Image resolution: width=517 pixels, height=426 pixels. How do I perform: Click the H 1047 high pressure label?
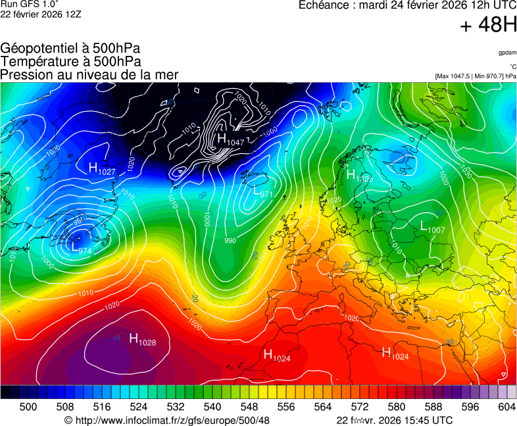(x=230, y=140)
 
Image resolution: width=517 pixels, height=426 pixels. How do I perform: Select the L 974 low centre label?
(x=81, y=248)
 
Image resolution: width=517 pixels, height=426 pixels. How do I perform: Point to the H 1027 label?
(x=102, y=169)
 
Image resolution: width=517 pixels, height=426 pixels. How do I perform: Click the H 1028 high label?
(x=142, y=340)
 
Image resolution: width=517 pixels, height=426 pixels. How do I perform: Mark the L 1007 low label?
(x=432, y=227)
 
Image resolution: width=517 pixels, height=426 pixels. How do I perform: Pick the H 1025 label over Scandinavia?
(x=359, y=176)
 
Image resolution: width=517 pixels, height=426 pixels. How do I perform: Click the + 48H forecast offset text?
(x=488, y=26)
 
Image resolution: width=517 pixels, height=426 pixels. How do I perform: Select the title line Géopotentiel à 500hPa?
(x=70, y=49)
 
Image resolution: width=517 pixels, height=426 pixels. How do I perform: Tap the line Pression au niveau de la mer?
(x=89, y=74)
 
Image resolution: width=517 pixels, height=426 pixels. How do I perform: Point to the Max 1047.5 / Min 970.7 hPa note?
(x=476, y=76)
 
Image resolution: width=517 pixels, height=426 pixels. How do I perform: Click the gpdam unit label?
(x=507, y=53)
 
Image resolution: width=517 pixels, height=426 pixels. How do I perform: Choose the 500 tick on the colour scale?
(x=28, y=407)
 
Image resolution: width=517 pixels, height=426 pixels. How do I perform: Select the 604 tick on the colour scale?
(x=507, y=407)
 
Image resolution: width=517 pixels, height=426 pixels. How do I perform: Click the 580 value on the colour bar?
(x=397, y=407)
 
